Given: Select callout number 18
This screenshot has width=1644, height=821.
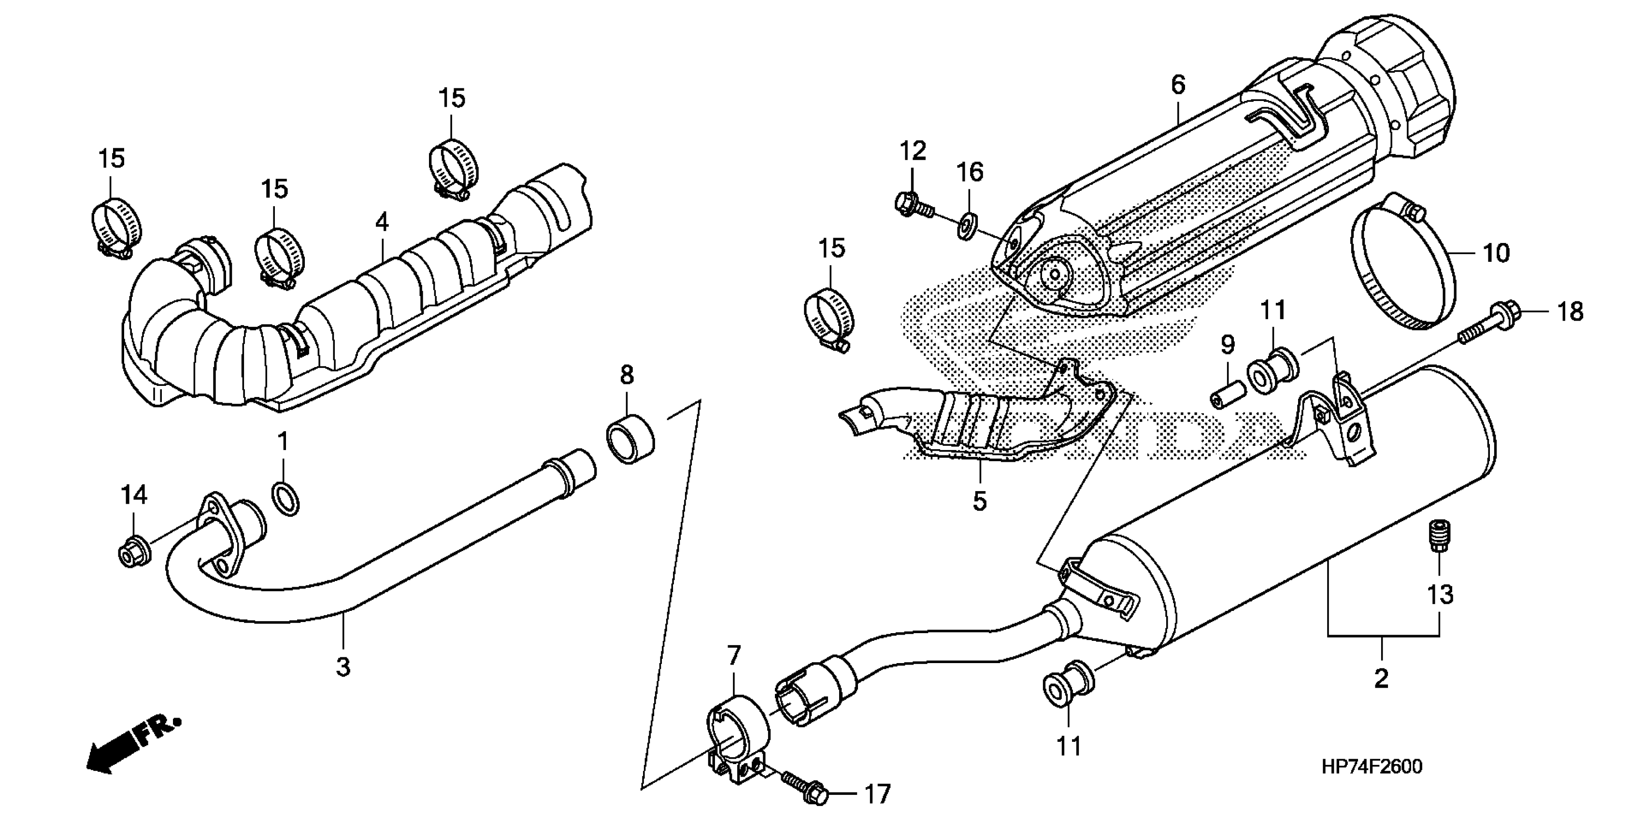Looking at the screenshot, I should (x=1571, y=312).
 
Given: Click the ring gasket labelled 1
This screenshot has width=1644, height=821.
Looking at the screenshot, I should (x=286, y=499).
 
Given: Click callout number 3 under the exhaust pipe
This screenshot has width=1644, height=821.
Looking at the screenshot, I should (x=343, y=666).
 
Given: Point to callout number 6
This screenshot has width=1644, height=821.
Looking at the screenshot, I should (x=1177, y=85).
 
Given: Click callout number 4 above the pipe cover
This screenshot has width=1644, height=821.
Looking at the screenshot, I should (x=382, y=222).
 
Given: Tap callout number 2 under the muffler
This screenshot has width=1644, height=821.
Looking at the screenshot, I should (x=1381, y=678).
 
